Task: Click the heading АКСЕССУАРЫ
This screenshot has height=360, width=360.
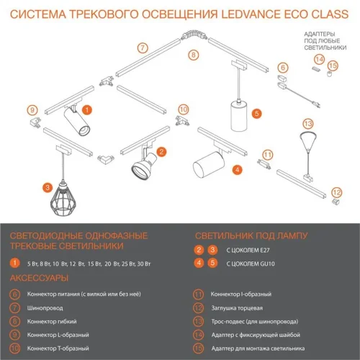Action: (39, 277)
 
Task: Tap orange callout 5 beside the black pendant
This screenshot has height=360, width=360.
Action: (257, 113)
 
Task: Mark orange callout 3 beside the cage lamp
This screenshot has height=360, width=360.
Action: (47, 187)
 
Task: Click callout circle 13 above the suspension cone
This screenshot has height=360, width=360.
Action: (307, 123)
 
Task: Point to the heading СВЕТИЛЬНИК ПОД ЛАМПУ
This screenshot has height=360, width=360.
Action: (251, 235)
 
